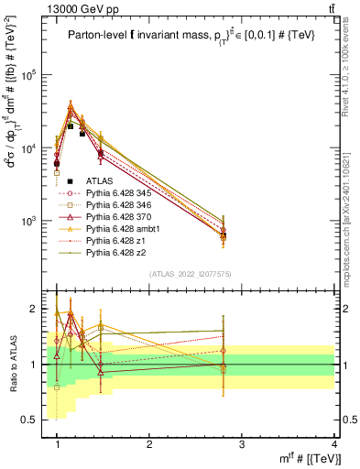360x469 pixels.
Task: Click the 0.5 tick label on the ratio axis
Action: [x=35, y=420]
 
